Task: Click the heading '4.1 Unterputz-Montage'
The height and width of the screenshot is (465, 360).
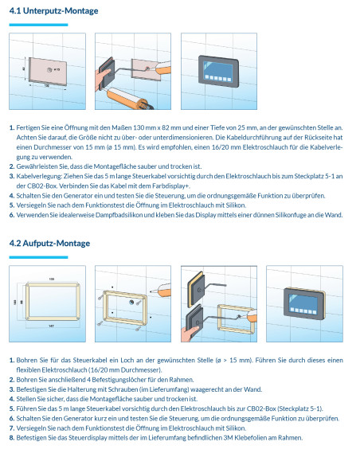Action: click(x=53, y=11)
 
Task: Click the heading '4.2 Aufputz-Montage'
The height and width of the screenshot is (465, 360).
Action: click(x=49, y=244)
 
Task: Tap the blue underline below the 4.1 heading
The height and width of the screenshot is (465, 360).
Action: click(x=38, y=25)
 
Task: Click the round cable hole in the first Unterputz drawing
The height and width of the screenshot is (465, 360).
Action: click(x=49, y=70)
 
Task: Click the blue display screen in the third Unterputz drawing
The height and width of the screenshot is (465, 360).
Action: click(x=218, y=70)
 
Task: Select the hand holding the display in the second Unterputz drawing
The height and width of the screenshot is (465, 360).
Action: click(x=102, y=79)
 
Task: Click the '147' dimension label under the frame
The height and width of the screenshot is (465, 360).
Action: click(x=51, y=326)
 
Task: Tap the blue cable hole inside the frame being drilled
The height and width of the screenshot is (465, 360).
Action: click(x=131, y=303)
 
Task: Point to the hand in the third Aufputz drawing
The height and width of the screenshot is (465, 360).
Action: click(x=190, y=333)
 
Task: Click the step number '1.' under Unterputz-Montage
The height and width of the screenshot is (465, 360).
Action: click(x=12, y=128)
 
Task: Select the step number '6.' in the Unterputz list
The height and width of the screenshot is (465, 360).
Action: click(x=12, y=215)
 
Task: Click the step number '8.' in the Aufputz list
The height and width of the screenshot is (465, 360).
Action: click(x=12, y=438)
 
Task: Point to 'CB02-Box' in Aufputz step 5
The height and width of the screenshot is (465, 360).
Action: click(x=261, y=408)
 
